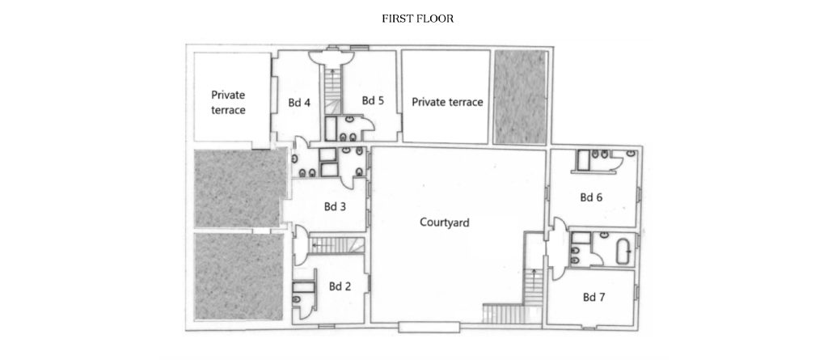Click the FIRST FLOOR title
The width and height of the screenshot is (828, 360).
point(418,19)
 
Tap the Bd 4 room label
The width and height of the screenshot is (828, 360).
point(299,103)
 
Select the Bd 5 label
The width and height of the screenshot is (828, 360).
point(372,100)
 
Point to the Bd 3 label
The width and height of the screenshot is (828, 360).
point(335,206)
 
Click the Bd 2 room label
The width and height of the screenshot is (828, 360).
point(340,286)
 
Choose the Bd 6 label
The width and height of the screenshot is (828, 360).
point(591,197)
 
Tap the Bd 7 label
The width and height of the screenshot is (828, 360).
point(594,297)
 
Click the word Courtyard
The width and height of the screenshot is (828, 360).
point(445,222)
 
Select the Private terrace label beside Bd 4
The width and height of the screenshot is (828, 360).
point(228,103)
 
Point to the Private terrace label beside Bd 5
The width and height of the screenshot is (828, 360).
point(447,102)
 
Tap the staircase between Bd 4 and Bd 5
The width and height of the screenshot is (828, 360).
point(332,91)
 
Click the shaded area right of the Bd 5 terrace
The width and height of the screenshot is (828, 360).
point(520,97)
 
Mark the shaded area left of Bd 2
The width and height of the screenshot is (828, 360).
point(239,277)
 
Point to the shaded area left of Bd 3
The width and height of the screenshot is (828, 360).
point(239,188)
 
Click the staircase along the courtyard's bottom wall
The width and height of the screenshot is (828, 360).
point(504,313)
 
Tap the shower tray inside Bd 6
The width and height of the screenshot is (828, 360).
point(584,161)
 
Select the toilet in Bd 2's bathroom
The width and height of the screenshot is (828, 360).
point(297,300)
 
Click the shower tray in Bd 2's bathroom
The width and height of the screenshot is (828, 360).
point(303,287)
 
